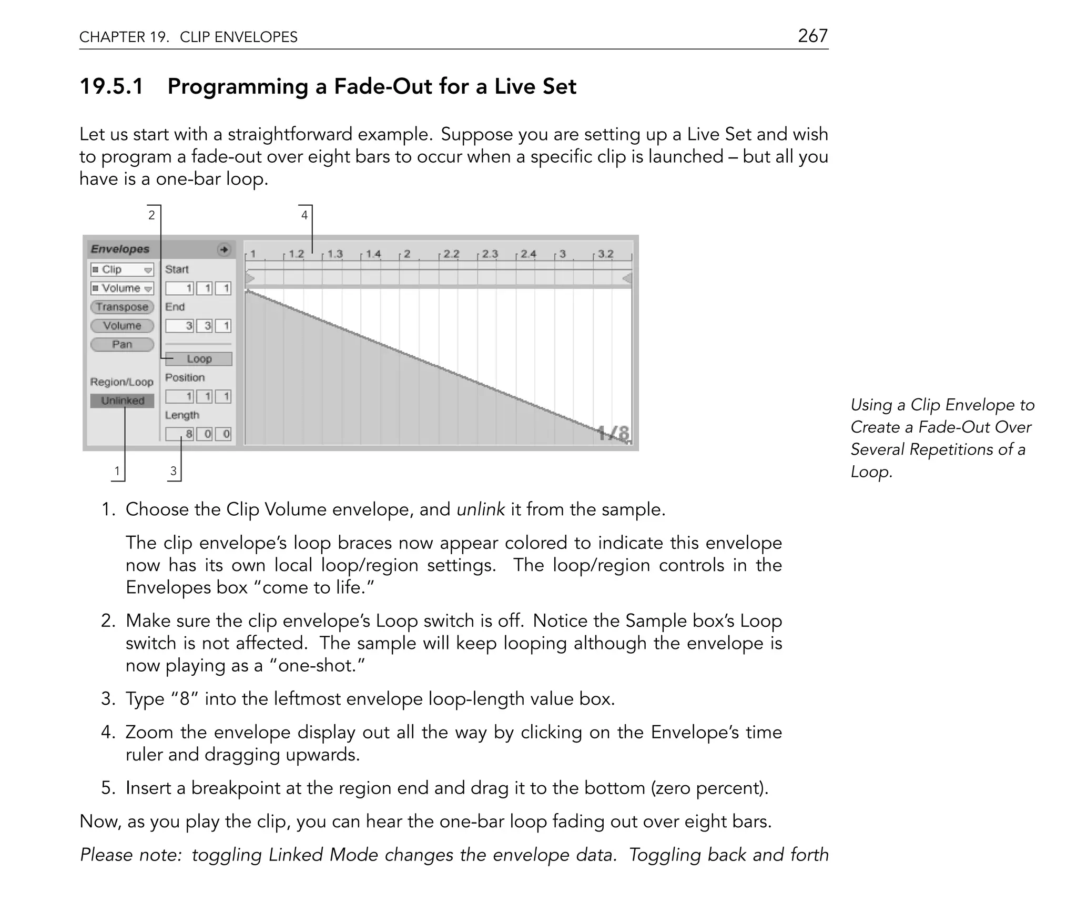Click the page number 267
click(x=812, y=36)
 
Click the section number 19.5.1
click(x=111, y=86)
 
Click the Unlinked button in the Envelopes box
click(x=122, y=401)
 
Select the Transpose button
click(x=122, y=307)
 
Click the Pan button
click(x=122, y=344)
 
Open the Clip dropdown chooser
click(x=122, y=269)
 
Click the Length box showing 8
click(x=180, y=434)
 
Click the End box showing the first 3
click(x=180, y=326)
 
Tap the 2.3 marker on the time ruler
click(x=489, y=254)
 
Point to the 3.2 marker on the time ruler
click(x=605, y=254)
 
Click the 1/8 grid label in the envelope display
click(x=613, y=434)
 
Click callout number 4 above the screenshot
click(x=304, y=215)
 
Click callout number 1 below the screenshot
click(x=117, y=470)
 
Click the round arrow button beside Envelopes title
click(x=224, y=249)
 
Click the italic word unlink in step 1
click(x=481, y=509)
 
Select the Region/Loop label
click(x=121, y=382)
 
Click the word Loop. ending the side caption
click(x=871, y=472)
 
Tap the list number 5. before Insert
click(x=108, y=788)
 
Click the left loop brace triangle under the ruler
click(x=250, y=278)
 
